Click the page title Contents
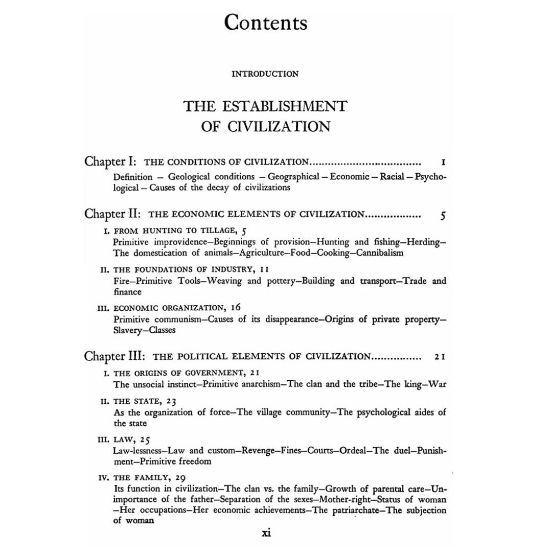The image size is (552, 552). [266, 23]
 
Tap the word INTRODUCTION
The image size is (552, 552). [265, 74]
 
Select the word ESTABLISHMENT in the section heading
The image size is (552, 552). [286, 106]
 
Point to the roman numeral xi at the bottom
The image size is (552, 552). [266, 533]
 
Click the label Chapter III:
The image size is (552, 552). [116, 356]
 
